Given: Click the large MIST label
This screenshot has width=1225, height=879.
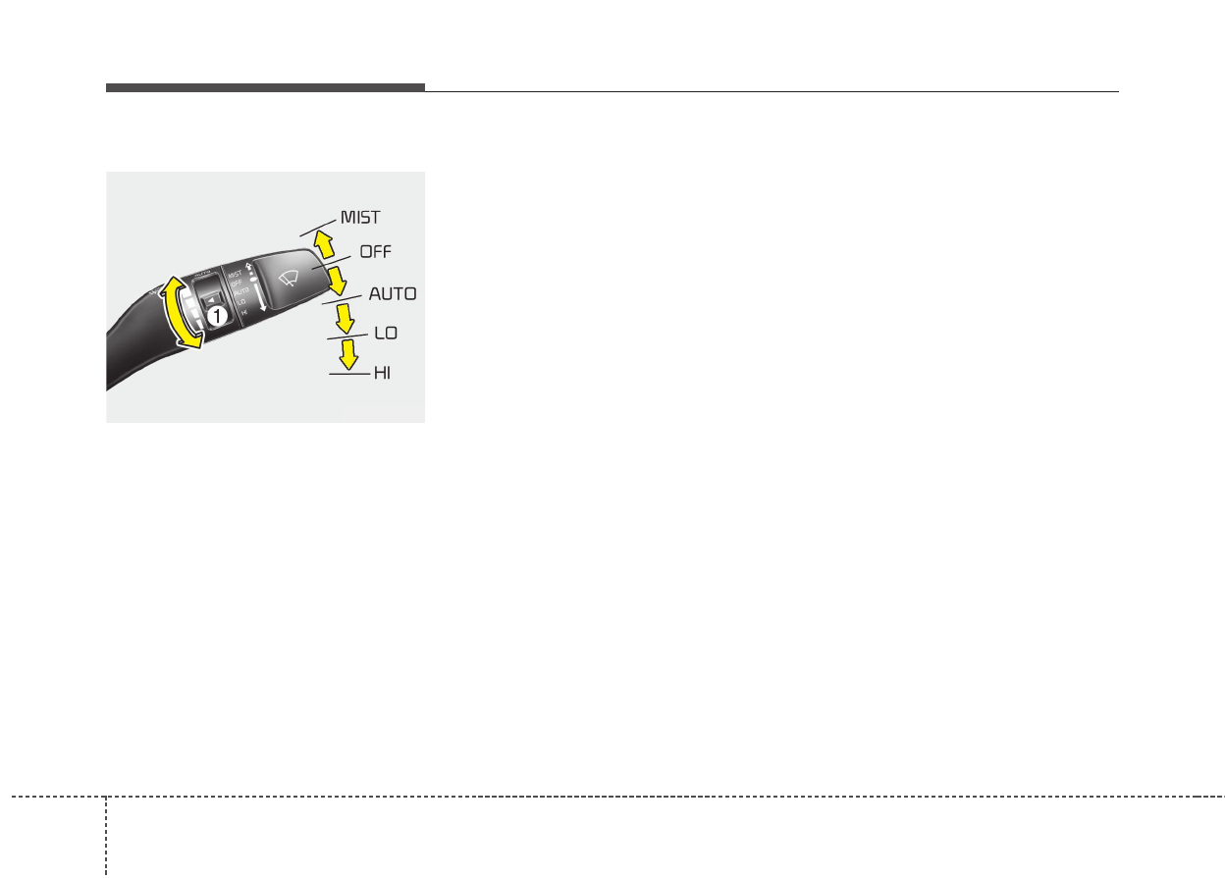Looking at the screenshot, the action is coord(359,217).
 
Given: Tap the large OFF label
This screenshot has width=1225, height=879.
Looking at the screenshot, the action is coord(375,251).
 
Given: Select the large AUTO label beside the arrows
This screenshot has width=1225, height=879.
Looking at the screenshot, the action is coord(392,293).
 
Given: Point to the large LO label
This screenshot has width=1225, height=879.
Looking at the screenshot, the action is coord(385,334).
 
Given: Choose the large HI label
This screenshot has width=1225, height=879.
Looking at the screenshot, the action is coord(382,374).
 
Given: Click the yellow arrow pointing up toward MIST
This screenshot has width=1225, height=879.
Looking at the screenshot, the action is coord(324,244).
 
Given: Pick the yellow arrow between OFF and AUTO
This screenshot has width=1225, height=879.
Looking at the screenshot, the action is coord(338,280).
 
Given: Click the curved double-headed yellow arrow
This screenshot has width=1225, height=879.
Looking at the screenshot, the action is coord(179,312).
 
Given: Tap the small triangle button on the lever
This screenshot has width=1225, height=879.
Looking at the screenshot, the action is coord(210,299).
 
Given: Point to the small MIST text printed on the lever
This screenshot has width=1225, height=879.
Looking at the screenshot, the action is coord(235,274).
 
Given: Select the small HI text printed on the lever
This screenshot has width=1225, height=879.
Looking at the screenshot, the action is coord(242,312).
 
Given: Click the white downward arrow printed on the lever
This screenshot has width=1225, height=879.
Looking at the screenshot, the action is coord(260,298).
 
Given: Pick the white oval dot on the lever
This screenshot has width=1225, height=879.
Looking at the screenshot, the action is coord(252,281).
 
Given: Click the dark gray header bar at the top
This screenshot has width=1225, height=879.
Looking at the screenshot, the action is coord(265,88).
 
